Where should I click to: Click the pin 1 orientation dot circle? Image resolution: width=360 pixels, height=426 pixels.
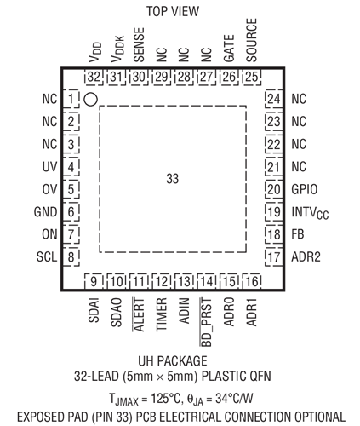tap(91, 100)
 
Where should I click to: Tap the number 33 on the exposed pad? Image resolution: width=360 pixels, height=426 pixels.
tap(173, 179)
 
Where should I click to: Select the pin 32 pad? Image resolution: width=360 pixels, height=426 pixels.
tap(94, 77)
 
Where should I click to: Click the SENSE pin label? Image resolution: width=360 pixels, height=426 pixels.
tap(139, 44)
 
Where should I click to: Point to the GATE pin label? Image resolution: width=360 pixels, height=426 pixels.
tap(229, 48)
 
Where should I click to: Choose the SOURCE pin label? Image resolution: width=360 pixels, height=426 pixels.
tap(252, 40)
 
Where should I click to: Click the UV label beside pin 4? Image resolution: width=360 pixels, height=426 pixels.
tap(49, 167)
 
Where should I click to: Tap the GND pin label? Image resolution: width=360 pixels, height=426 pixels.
tap(45, 212)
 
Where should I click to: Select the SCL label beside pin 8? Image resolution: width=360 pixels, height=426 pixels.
tap(47, 257)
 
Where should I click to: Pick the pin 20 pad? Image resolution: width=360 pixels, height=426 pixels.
tap(274, 189)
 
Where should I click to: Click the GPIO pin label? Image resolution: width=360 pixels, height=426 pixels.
tap(305, 189)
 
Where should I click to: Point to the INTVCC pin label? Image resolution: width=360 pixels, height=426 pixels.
tap(310, 213)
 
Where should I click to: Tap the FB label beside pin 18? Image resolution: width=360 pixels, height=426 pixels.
tap(298, 234)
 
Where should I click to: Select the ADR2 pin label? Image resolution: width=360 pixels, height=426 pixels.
tap(306, 257)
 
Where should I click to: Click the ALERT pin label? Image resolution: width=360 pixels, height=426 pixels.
tap(139, 314)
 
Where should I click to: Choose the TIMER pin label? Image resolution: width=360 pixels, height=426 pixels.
tap(162, 314)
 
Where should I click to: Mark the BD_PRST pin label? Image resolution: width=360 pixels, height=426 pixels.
tap(206, 322)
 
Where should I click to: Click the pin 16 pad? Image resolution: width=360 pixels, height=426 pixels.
tap(252, 281)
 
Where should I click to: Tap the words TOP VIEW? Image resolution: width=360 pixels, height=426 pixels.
tap(173, 11)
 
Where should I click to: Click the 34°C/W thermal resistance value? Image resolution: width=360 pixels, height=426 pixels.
tap(234, 399)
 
